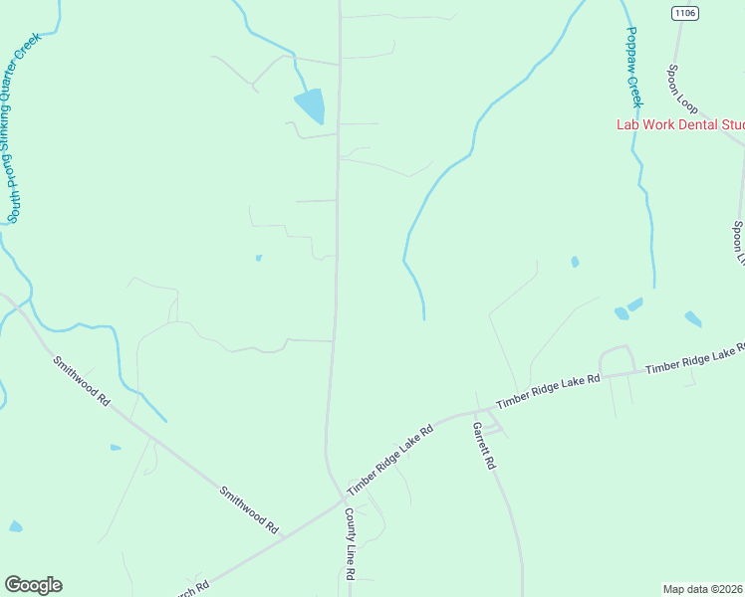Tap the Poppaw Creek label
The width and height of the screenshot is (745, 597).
pyautogui.click(x=632, y=67)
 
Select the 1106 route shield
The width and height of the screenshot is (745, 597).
pyautogui.click(x=684, y=13)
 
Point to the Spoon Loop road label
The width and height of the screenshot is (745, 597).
pyautogui.click(x=682, y=89)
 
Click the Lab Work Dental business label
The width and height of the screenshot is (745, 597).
pyautogui.click(x=679, y=124)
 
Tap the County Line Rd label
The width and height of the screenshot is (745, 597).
pyautogui.click(x=350, y=543)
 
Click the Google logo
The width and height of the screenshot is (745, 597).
pyautogui.click(x=33, y=585)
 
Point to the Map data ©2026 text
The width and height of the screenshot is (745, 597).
pyautogui.click(x=703, y=588)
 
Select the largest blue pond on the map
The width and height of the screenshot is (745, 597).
pyautogui.click(x=310, y=103)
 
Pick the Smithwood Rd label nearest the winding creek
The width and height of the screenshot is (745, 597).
pyautogui.click(x=83, y=381)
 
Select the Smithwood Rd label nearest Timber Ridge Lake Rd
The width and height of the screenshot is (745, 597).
pyautogui.click(x=249, y=508)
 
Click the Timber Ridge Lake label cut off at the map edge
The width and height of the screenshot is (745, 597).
pyautogui.click(x=695, y=361)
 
